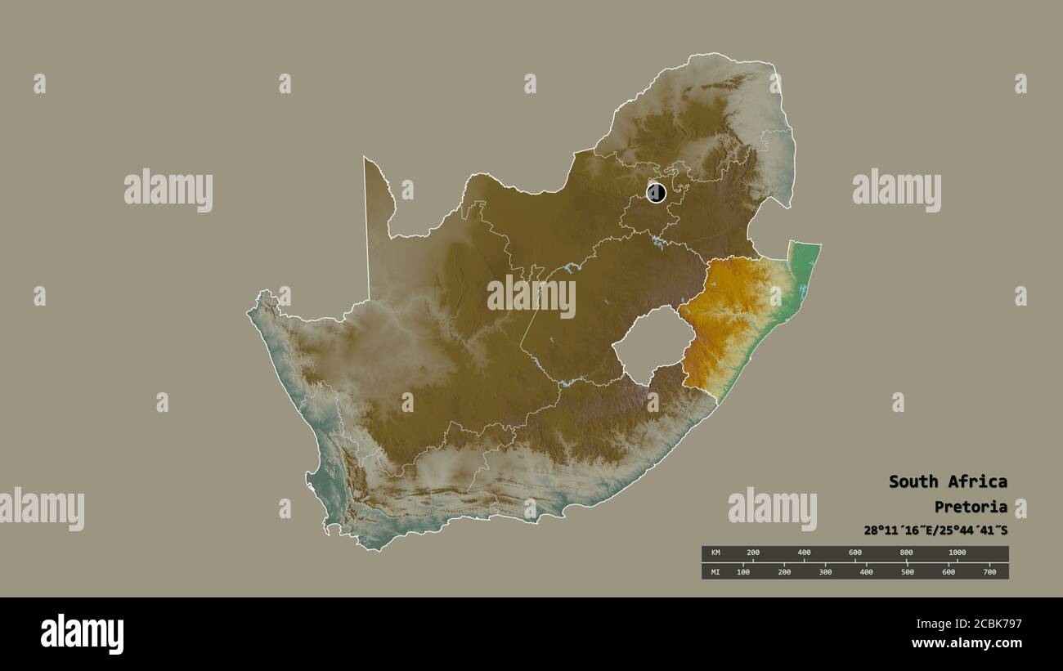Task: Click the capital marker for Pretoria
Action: (656, 193)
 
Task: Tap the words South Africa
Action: (948, 481)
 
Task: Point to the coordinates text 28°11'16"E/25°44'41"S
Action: (935, 530)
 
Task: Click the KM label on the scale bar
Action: (715, 552)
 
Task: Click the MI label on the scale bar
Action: (715, 571)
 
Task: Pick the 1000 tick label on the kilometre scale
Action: (957, 552)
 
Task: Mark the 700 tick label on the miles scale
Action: (989, 571)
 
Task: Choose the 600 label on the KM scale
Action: (855, 552)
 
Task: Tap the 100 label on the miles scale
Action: (743, 571)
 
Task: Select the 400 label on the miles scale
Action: (866, 571)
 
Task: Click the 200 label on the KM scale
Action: (753, 552)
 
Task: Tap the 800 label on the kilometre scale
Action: (906, 552)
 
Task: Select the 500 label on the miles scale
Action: (907, 571)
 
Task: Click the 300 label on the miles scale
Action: (825, 571)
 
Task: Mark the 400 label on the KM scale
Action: (805, 552)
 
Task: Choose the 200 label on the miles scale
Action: (784, 571)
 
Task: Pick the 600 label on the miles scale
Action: (949, 571)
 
